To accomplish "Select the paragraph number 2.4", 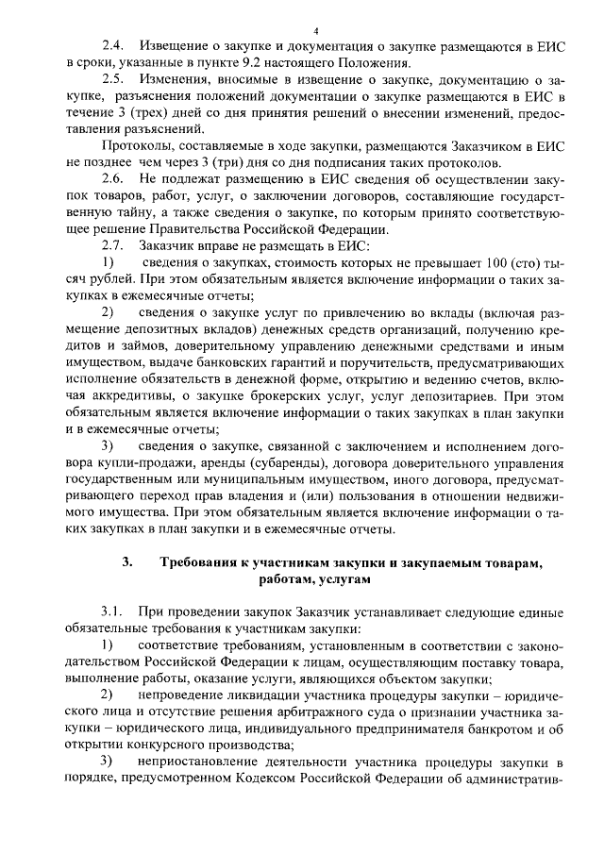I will click(x=113, y=46).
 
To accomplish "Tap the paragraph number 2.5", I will click(x=113, y=79).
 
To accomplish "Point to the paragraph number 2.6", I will click(x=113, y=178).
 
